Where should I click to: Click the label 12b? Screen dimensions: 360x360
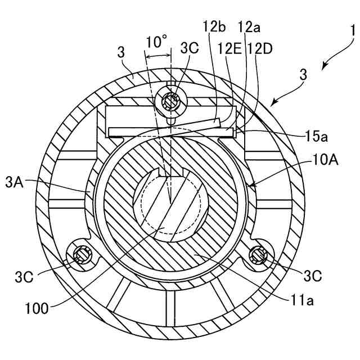[215, 26]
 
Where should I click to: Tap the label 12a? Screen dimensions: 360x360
[248, 26]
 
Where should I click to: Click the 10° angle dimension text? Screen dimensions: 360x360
[156, 42]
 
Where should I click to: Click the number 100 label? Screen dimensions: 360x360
[37, 308]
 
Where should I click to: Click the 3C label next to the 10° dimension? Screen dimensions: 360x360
[190, 48]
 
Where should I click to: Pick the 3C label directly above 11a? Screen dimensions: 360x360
[312, 276]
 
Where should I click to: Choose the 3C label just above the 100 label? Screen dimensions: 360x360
[25, 277]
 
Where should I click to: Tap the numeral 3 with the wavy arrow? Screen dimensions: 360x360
[304, 74]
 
